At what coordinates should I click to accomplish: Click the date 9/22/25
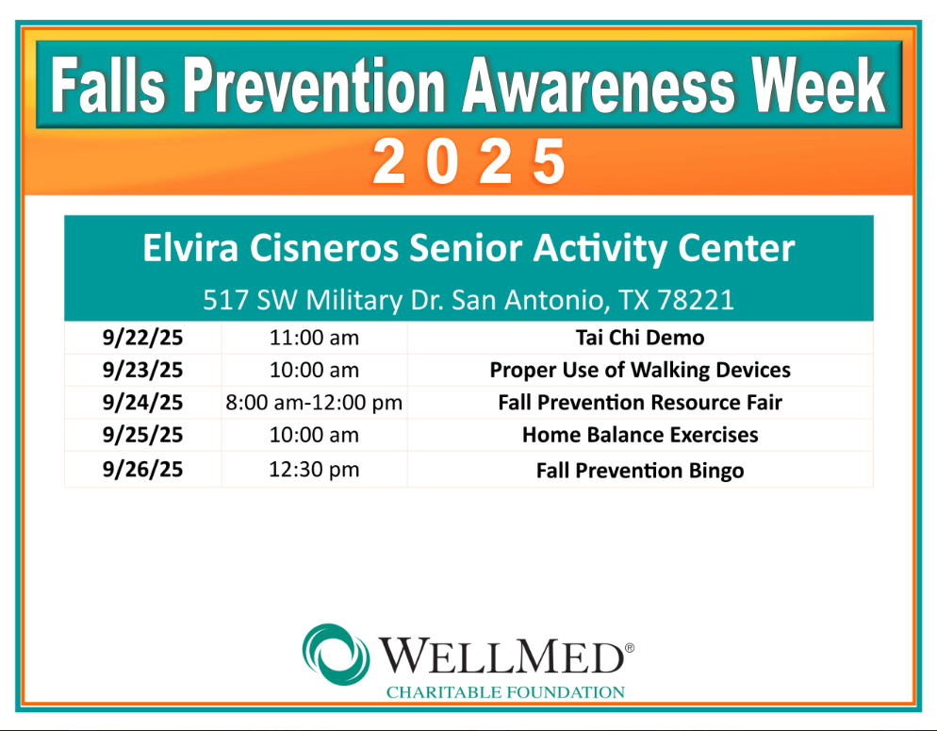[x=143, y=338]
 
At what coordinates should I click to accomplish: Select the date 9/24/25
[x=143, y=402]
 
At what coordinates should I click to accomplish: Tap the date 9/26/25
[x=143, y=470]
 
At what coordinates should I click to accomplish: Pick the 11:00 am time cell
[x=314, y=338]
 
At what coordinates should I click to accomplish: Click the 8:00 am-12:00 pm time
[x=314, y=403]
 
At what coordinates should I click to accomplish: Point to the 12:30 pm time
[x=314, y=470]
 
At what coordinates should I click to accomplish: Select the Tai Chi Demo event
[x=640, y=338]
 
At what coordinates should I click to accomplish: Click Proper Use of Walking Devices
[x=640, y=370]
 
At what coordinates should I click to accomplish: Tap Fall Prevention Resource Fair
[x=640, y=402]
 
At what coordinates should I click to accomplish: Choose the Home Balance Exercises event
[x=640, y=435]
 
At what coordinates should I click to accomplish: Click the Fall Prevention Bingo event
[x=640, y=471]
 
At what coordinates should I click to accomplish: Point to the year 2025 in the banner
[x=469, y=161]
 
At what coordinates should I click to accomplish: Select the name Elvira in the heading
[x=190, y=247]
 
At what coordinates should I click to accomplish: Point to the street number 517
[x=225, y=299]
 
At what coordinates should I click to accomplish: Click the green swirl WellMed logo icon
[x=336, y=655]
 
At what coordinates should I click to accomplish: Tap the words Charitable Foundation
[x=505, y=692]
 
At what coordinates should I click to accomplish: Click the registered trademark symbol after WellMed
[x=630, y=648]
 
